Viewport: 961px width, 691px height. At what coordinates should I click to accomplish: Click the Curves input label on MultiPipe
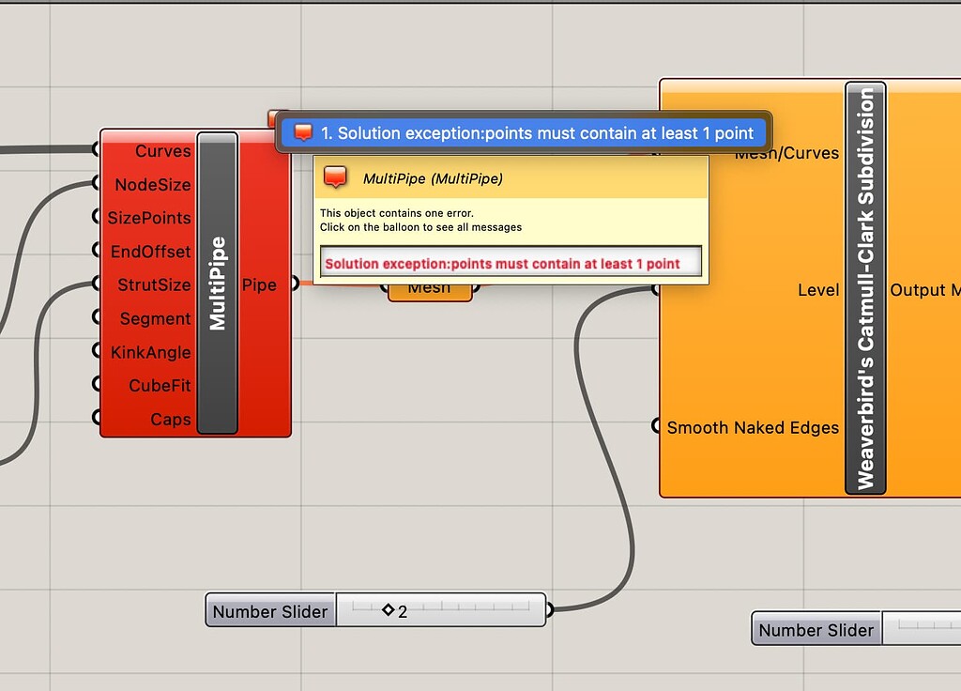tap(162, 151)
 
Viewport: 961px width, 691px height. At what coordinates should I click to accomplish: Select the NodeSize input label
tap(153, 185)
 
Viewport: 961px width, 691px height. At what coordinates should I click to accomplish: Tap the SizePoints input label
tap(149, 218)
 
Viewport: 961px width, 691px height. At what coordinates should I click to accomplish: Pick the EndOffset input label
tap(150, 252)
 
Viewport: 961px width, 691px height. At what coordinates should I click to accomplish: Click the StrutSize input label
tap(154, 284)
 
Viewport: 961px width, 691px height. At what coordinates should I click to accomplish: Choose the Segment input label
tap(155, 319)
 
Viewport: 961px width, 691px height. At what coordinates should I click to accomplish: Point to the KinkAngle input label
tap(150, 353)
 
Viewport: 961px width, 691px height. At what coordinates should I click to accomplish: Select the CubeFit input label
tap(160, 386)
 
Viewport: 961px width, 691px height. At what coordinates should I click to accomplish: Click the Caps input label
tap(171, 420)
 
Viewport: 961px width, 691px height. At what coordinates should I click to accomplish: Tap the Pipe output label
tap(259, 284)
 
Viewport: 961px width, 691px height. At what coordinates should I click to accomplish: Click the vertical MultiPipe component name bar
tap(218, 283)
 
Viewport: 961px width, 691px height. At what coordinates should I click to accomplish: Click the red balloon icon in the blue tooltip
tap(303, 132)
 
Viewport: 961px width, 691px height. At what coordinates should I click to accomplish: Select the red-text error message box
tap(511, 263)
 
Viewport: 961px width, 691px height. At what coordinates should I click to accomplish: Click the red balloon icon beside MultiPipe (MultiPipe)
tap(336, 177)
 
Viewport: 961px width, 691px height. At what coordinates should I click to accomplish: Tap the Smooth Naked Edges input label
tap(753, 428)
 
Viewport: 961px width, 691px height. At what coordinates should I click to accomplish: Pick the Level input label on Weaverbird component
tap(818, 290)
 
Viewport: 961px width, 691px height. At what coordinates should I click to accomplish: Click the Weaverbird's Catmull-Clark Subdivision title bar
tap(865, 287)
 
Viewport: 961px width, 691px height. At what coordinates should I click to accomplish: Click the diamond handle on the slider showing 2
tap(388, 610)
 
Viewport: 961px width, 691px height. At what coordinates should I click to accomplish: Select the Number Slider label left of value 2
tap(270, 611)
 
